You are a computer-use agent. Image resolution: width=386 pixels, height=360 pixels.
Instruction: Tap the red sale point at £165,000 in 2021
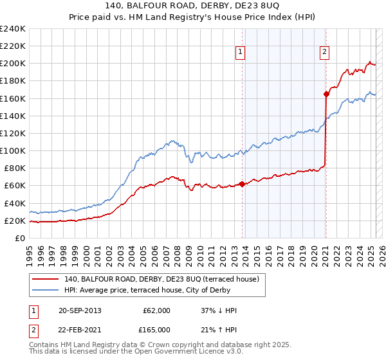click(326, 94)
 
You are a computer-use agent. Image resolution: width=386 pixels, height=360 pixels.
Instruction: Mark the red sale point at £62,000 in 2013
click(242, 184)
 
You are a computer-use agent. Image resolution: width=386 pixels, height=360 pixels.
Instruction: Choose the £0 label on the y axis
click(20, 238)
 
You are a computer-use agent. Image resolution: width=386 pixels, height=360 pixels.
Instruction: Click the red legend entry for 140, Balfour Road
click(161, 278)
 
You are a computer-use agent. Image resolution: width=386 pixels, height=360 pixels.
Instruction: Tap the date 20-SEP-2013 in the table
click(79, 310)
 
